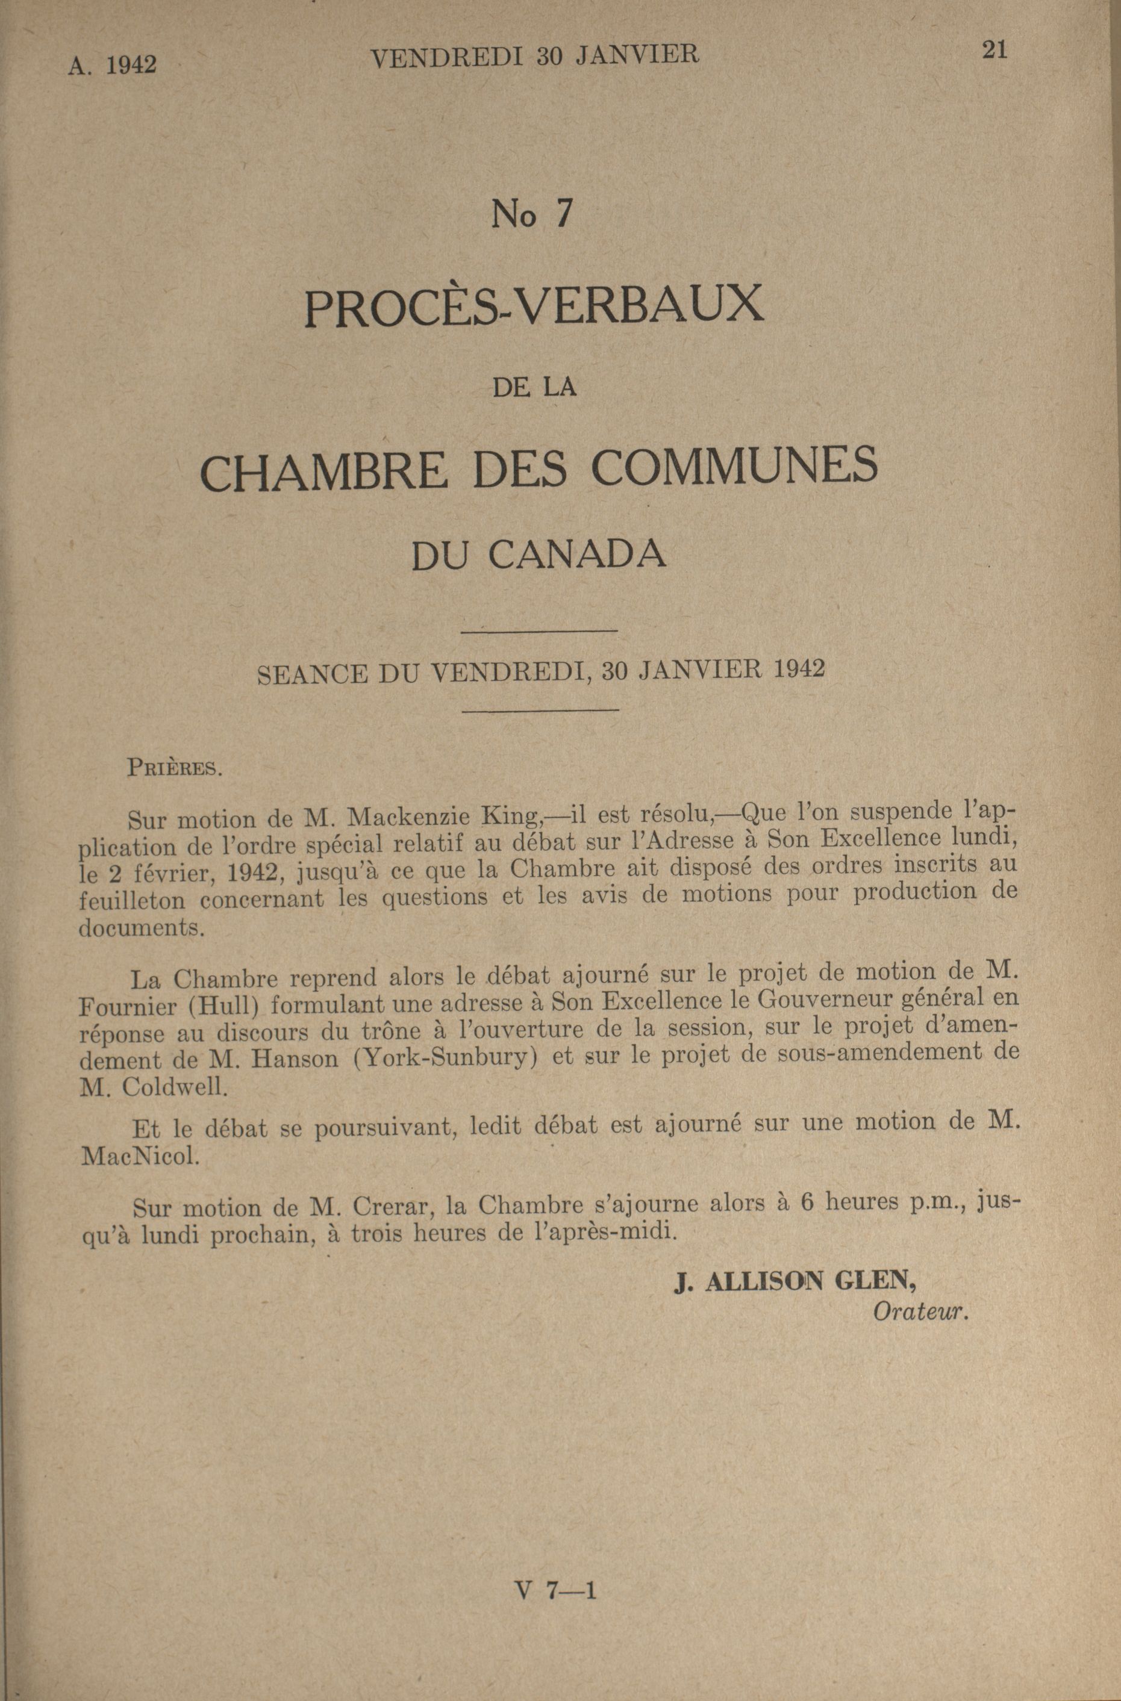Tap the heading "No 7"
pyautogui.click(x=532, y=214)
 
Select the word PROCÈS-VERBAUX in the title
pyautogui.click(x=534, y=305)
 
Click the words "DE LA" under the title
pyautogui.click(x=534, y=388)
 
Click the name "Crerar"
pyautogui.click(x=390, y=1207)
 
